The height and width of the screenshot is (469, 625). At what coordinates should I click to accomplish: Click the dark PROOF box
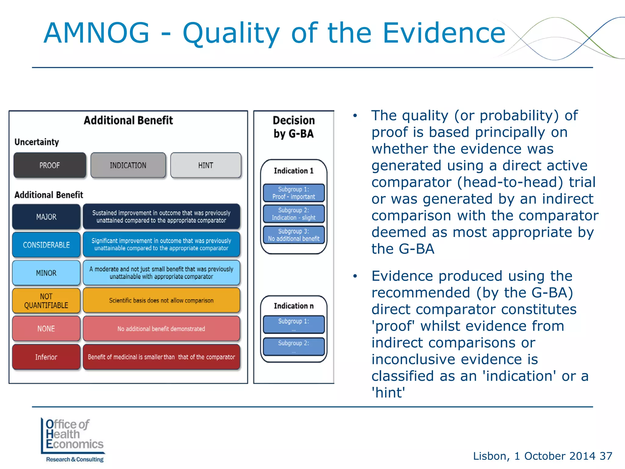click(x=50, y=165)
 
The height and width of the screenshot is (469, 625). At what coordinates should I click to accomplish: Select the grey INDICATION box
click(x=128, y=165)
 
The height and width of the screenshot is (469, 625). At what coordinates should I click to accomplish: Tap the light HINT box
click(x=206, y=165)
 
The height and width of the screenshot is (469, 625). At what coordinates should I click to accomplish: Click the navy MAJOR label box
click(x=46, y=217)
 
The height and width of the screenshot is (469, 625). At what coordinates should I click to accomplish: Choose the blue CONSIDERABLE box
click(x=46, y=245)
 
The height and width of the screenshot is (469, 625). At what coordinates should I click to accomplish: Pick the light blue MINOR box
click(x=46, y=273)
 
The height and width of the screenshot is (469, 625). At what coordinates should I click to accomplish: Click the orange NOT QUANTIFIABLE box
click(x=46, y=301)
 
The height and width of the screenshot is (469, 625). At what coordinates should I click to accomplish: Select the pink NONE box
click(x=46, y=329)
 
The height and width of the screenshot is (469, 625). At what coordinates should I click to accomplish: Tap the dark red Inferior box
click(x=46, y=357)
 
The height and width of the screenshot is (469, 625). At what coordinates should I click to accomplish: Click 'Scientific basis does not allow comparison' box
click(x=161, y=300)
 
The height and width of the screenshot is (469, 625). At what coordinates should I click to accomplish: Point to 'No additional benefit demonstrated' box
click(x=161, y=329)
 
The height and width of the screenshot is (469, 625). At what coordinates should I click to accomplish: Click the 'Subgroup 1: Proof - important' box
click(x=294, y=193)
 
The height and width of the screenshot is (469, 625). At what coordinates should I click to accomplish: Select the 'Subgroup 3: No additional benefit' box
click(x=294, y=235)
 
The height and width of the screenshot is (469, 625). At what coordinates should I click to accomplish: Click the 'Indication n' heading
click(x=294, y=306)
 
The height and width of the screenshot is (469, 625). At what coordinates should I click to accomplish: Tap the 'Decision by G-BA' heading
click(x=294, y=127)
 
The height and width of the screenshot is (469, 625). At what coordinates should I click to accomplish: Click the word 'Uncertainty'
click(x=37, y=142)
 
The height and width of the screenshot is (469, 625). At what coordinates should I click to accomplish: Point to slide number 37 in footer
click(x=606, y=456)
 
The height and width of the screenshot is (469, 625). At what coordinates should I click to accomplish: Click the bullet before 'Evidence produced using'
click(x=355, y=276)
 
